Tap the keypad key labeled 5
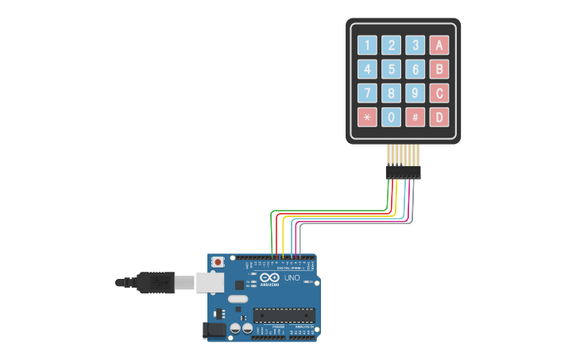(x=391, y=69)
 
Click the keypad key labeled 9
(x=415, y=94)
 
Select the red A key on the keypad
(x=439, y=45)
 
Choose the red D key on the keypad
(x=439, y=118)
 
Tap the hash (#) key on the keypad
(x=415, y=118)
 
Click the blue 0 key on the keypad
(x=391, y=118)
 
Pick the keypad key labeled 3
(x=415, y=45)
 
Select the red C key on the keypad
(x=439, y=94)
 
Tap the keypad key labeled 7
(x=367, y=94)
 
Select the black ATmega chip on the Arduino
(x=284, y=315)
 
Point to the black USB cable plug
(x=156, y=282)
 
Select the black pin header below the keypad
(x=403, y=172)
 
